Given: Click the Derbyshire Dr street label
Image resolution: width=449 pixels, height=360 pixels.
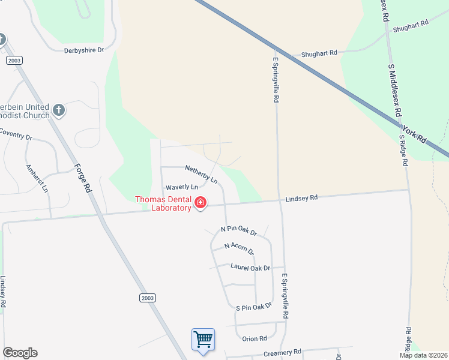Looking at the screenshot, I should click(84, 51).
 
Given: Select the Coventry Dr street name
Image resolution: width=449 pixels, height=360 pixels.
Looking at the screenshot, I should click(14, 134).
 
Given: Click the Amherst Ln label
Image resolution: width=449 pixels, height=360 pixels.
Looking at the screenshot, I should click(37, 178).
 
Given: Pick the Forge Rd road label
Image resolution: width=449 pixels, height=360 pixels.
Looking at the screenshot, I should click(83, 178).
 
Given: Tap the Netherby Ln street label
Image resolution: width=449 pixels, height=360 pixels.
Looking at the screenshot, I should click(201, 174).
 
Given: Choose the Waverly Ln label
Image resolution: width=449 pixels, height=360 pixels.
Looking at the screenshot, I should click(178, 187).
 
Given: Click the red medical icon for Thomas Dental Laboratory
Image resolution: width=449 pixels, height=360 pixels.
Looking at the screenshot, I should click(200, 205).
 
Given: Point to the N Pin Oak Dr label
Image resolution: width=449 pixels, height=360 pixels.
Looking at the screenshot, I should click(239, 230).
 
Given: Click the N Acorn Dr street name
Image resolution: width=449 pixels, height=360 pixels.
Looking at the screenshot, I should click(240, 248).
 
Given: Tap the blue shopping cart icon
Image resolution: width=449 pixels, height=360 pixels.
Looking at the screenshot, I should click(203, 339).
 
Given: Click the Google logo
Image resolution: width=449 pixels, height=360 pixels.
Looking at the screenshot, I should click(20, 353).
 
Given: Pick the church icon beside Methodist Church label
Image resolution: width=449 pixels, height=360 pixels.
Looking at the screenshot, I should click(58, 110).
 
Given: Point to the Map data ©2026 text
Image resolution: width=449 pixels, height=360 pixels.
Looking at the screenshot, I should click(424, 355).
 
